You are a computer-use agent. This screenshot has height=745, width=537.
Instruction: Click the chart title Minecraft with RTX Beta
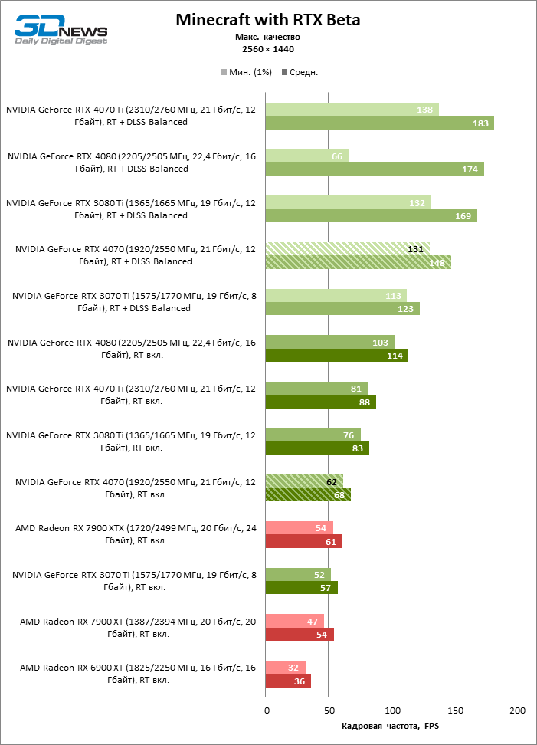267,20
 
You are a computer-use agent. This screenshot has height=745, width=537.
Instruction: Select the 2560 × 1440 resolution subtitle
267,49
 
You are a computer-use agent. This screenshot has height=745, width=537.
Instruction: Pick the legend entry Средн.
300,72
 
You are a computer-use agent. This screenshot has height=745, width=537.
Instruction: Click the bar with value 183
379,123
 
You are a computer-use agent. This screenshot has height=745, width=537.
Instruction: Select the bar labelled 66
306,156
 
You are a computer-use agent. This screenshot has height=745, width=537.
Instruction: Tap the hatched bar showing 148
358,262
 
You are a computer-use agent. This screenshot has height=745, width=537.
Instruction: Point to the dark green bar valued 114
336,356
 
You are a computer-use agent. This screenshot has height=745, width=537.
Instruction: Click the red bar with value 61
303,542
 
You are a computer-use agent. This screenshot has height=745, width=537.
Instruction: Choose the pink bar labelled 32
285,667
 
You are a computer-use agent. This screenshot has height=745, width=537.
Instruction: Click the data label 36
299,681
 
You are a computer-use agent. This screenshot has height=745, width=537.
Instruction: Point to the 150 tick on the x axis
454,711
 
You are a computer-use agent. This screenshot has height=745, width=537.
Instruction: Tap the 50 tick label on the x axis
329,711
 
